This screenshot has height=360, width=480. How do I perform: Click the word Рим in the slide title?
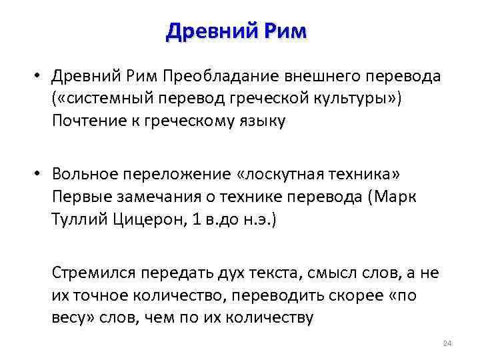click(281, 31)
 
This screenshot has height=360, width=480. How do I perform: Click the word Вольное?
click(81, 174)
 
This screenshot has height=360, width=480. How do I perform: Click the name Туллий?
click(74, 218)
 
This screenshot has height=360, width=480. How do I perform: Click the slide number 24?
click(447, 343)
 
